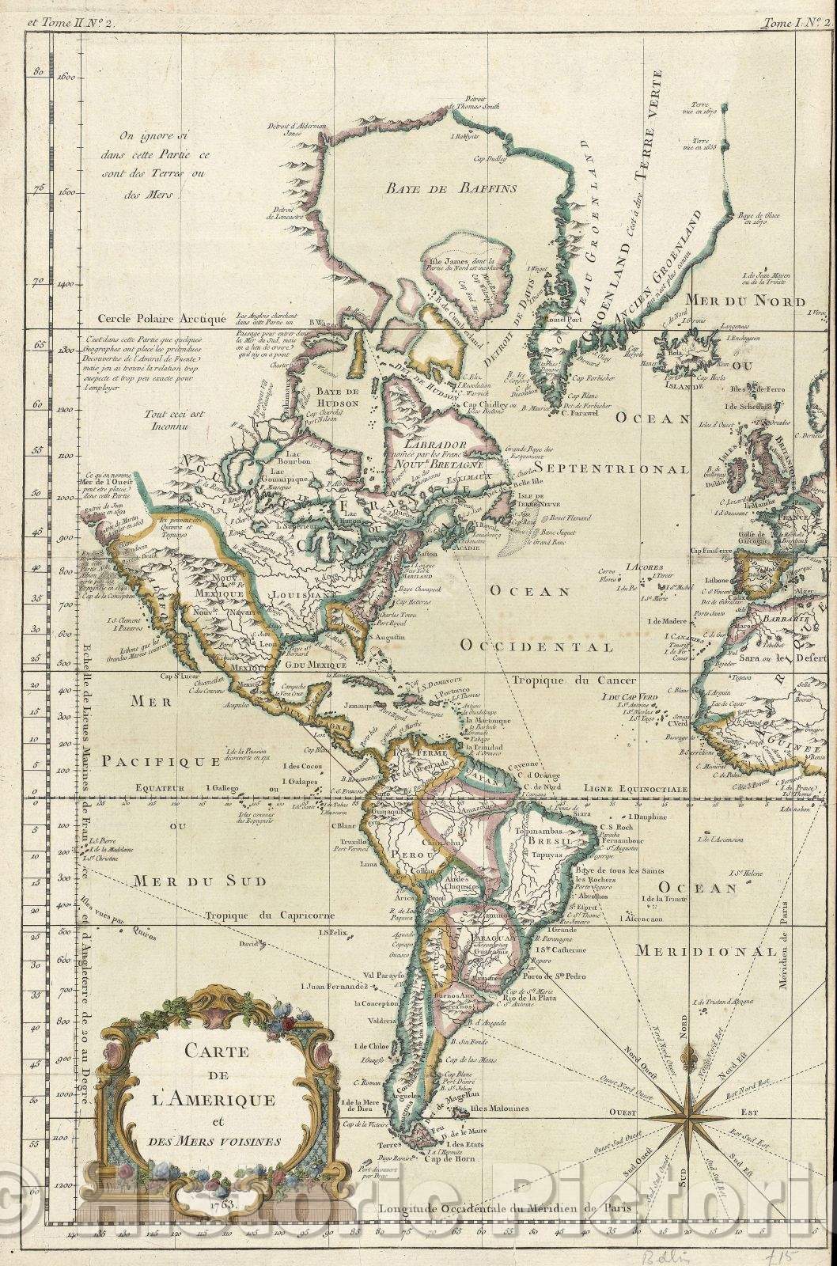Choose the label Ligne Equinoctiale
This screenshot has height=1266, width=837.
point(634,789)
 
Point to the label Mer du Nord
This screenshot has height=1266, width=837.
point(744,301)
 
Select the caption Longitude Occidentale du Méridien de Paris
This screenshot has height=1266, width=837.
point(511,1209)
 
